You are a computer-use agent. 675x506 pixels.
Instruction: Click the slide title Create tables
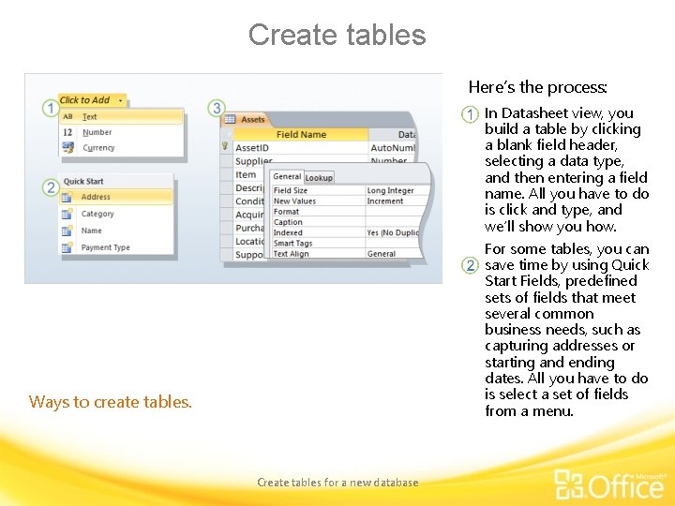coord(337,35)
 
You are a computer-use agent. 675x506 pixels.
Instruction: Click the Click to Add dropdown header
coord(87,100)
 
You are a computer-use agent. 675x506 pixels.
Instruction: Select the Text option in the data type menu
coord(90,117)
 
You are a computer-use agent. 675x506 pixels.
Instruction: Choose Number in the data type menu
coord(97,132)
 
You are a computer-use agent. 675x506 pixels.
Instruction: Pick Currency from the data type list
coord(98,147)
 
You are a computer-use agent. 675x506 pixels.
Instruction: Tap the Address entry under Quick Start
coord(96,197)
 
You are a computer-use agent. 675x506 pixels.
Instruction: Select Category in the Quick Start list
coord(97,214)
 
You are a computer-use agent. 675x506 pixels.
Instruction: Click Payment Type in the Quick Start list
coord(105,247)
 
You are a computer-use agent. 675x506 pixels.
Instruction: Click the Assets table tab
coord(252,120)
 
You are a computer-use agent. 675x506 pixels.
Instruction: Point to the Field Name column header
coord(301,134)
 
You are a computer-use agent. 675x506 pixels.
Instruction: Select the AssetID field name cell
coord(252,148)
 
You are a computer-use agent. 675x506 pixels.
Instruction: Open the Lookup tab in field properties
coord(319,177)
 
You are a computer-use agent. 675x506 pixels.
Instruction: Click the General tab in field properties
coord(287,176)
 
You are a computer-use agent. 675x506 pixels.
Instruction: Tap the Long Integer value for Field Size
coord(390,190)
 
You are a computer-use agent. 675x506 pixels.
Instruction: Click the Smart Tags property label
coord(292,243)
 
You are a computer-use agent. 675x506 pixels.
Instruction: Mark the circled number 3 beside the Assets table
coord(217,109)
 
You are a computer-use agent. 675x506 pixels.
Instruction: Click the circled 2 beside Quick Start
coord(51,188)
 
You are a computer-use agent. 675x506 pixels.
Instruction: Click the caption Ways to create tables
coord(111,402)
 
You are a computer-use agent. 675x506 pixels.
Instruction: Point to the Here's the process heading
coord(538,87)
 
